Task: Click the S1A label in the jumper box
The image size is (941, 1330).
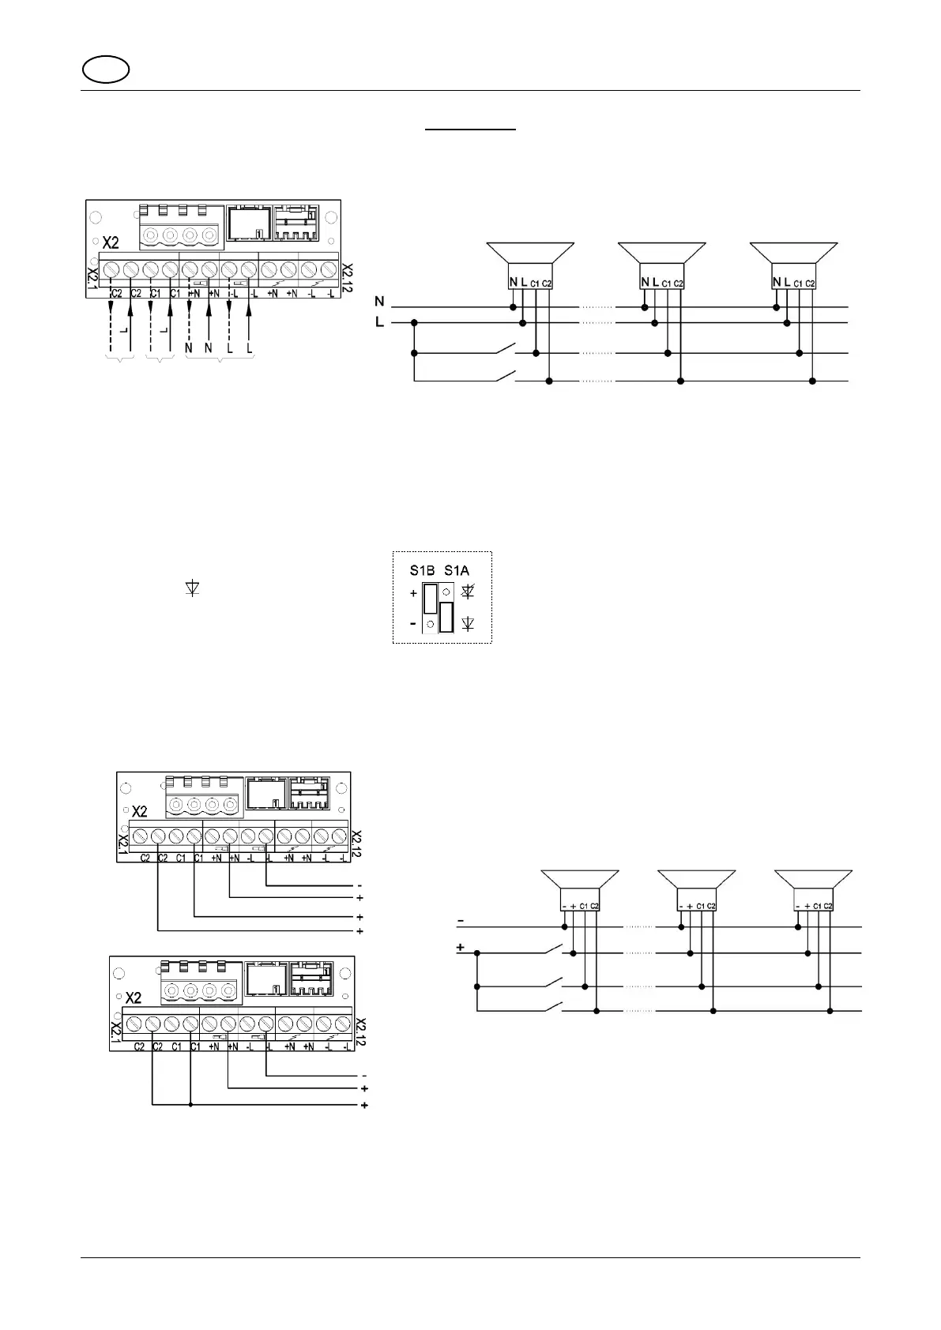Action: (x=456, y=570)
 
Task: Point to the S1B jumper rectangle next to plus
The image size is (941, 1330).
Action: (x=430, y=599)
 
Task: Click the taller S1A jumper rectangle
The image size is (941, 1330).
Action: (x=446, y=617)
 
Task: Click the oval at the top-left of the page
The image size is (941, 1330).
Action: (x=105, y=70)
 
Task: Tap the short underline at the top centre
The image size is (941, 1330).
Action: (x=471, y=128)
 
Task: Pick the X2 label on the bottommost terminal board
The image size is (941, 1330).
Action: (x=134, y=997)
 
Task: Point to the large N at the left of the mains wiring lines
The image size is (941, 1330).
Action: (x=380, y=302)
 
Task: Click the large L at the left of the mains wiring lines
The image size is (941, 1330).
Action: (x=380, y=322)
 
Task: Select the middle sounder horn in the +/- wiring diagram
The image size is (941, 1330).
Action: (x=696, y=881)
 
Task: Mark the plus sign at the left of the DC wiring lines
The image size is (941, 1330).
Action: (x=461, y=947)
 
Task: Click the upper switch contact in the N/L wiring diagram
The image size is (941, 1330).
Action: (x=504, y=349)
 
